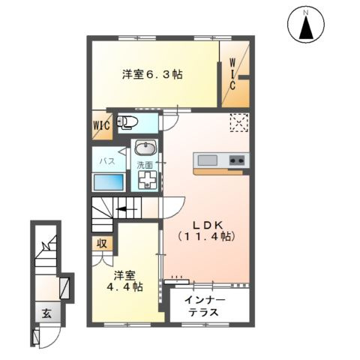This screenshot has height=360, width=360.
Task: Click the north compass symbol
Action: (306, 27)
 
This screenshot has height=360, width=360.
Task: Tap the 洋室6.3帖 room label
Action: (153, 74)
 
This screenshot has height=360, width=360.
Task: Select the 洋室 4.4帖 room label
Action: (124, 280)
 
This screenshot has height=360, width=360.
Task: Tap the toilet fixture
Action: (129, 122)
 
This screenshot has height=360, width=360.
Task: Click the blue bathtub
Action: (107, 182)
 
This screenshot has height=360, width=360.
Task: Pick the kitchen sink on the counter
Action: (208, 160)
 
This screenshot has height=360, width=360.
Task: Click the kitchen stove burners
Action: (237, 160)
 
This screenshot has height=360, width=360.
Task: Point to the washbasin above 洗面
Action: (145, 148)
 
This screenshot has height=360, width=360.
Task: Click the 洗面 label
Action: (145, 164)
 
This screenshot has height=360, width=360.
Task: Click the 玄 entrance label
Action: (46, 314)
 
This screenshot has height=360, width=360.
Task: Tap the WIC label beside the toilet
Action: (101, 125)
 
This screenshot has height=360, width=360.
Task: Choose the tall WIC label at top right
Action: (233, 74)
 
